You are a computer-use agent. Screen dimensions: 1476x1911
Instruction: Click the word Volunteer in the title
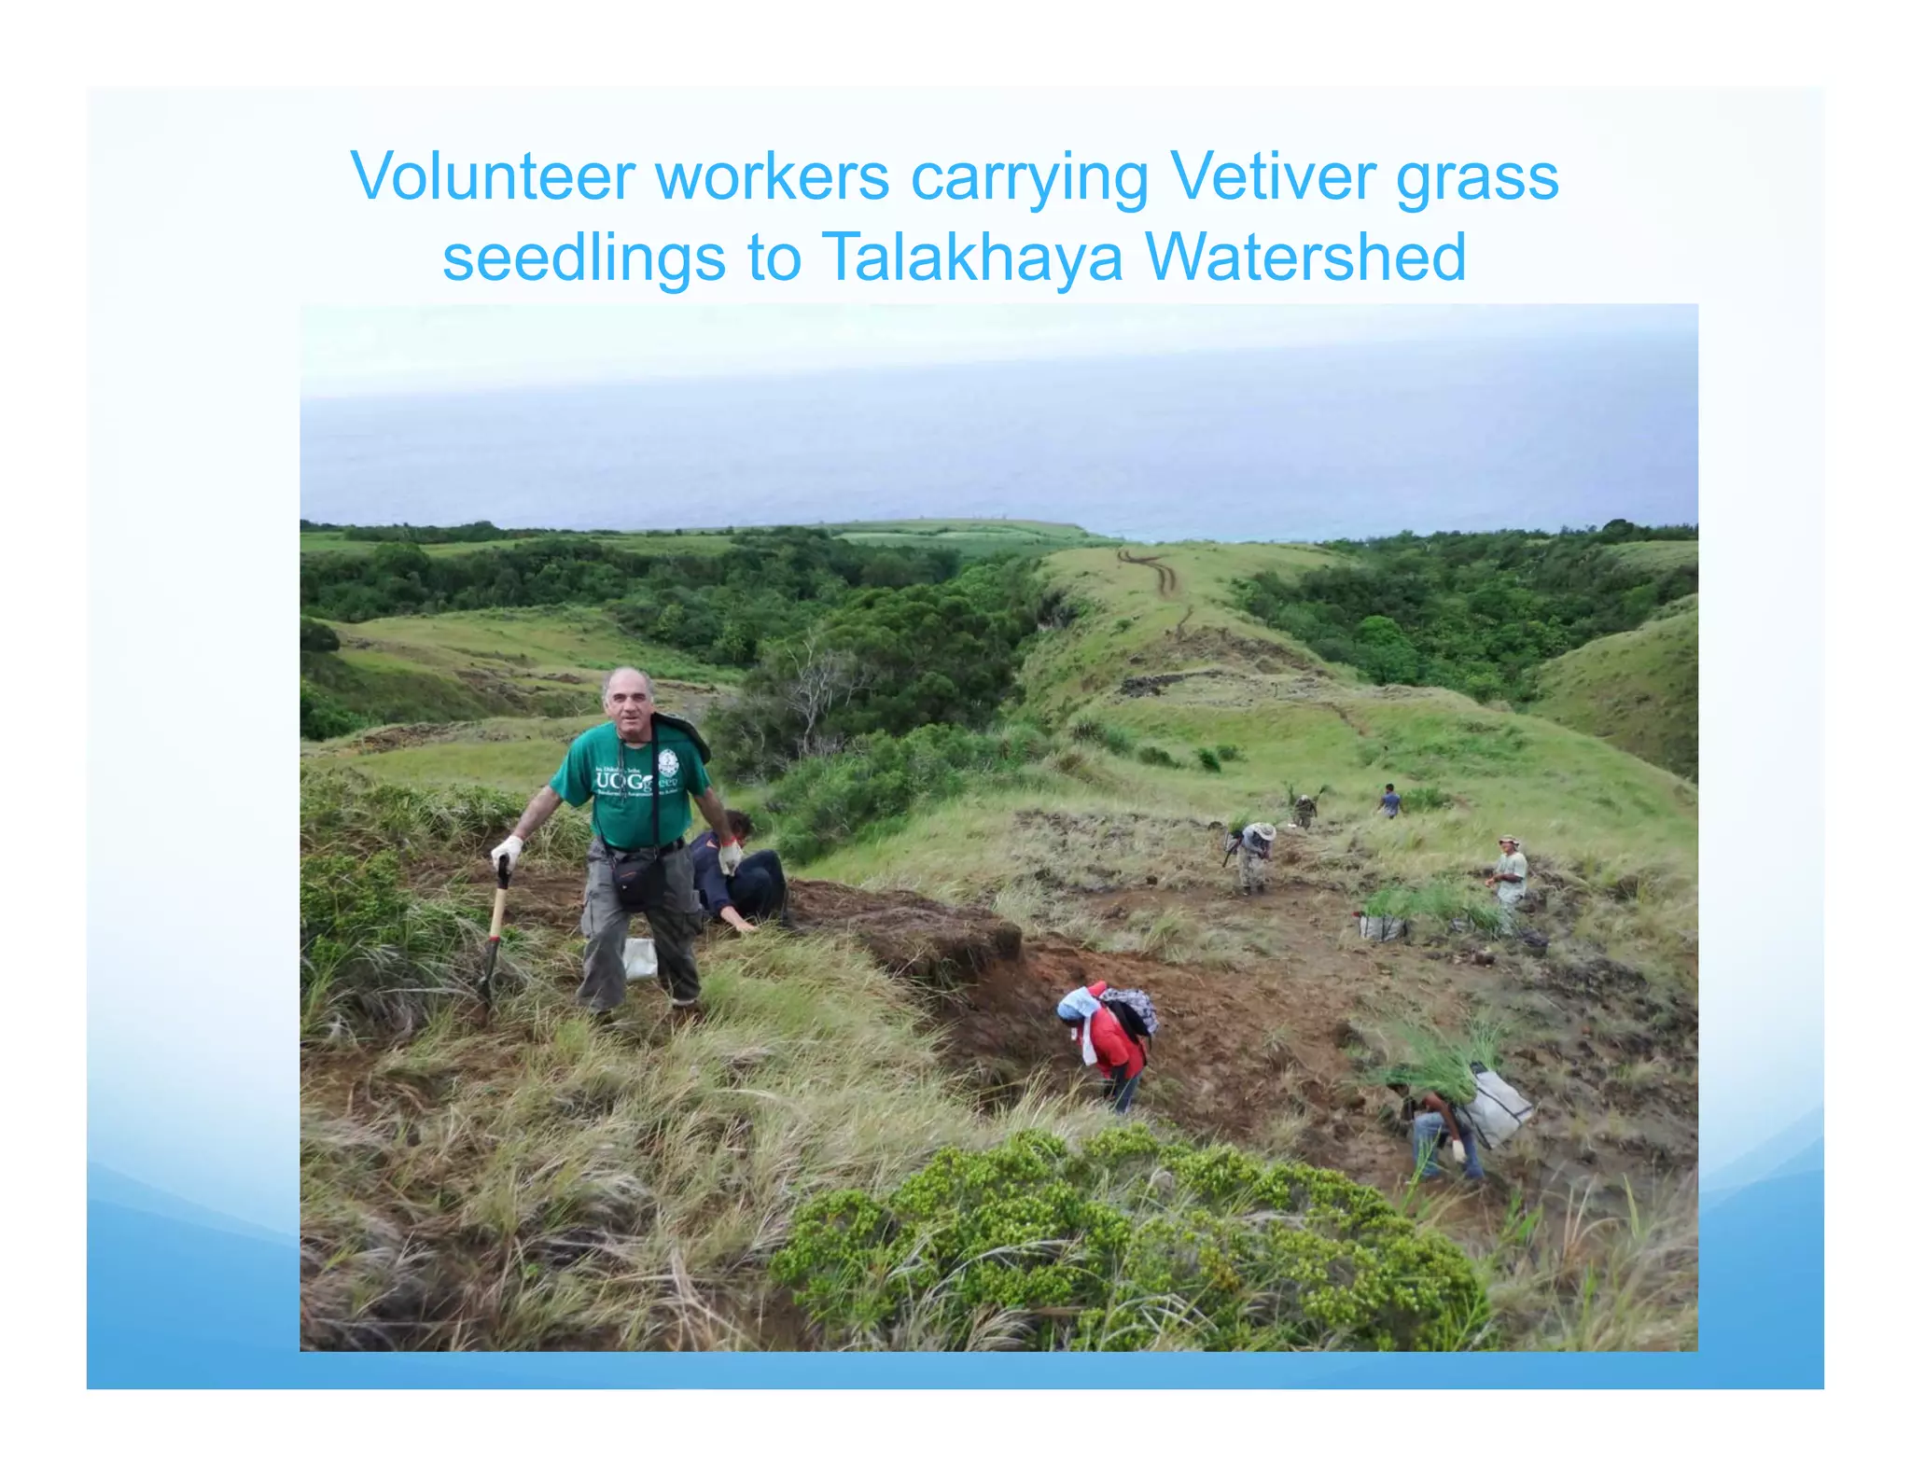(494, 175)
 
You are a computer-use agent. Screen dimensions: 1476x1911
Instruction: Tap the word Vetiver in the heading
(1271, 175)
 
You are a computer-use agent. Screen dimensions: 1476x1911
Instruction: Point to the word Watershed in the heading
(1305, 257)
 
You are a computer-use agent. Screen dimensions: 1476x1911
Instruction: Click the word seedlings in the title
(583, 257)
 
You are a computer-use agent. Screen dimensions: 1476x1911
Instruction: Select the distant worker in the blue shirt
(1390, 801)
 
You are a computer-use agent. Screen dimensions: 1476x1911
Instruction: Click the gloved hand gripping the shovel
(507, 850)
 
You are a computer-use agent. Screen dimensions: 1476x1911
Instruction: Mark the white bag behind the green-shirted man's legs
(640, 958)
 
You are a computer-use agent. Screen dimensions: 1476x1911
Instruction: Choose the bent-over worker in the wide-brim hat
(1253, 854)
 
